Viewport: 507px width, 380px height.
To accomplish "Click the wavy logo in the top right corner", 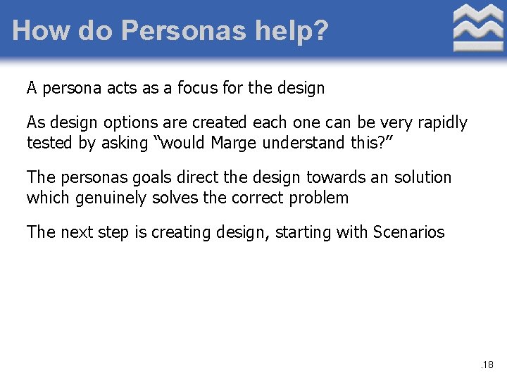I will point(478,28).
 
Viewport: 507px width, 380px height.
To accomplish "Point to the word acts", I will point(124,88).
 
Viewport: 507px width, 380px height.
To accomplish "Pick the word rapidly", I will point(442,122).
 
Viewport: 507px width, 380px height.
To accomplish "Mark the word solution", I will point(423,177).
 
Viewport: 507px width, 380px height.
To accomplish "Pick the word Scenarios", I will point(408,232).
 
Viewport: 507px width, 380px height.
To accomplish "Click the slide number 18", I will point(487,365).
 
